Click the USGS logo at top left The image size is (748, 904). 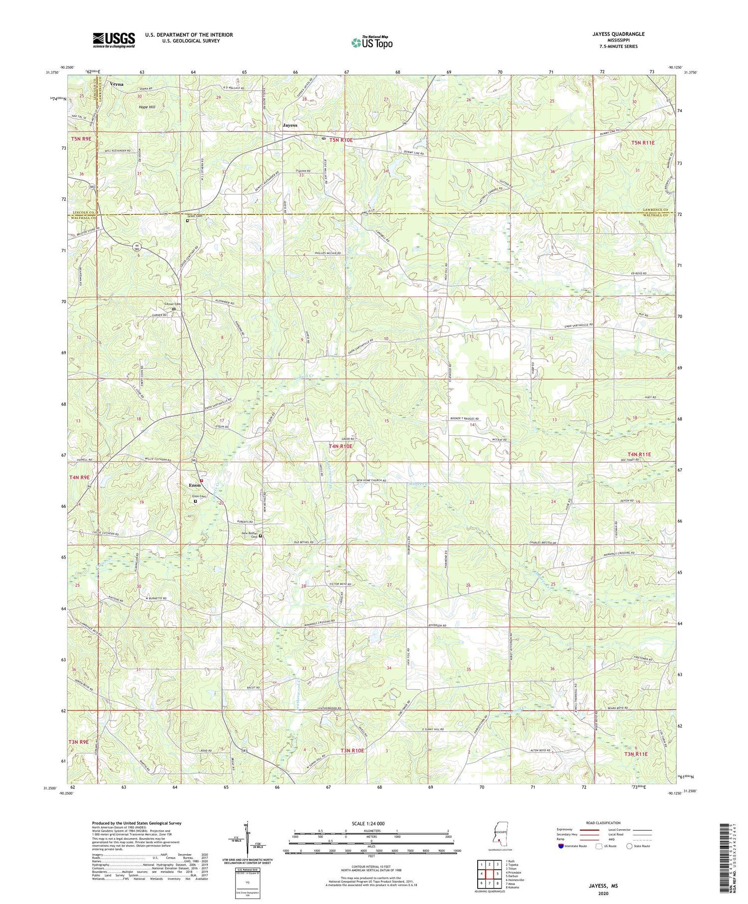(x=114, y=40)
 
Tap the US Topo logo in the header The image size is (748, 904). (x=372, y=43)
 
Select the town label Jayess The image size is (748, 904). (x=290, y=125)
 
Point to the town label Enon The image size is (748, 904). (x=194, y=485)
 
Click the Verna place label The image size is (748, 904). (x=117, y=84)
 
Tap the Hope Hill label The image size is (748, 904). (x=147, y=107)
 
